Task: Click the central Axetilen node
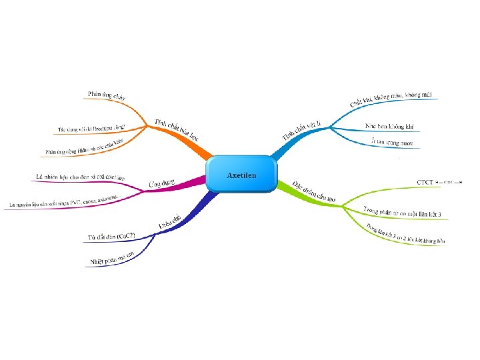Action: (241, 175)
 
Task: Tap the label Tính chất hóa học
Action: (176, 127)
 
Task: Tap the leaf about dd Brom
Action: (91, 126)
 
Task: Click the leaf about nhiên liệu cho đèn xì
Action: (79, 177)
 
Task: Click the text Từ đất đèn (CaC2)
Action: (111, 237)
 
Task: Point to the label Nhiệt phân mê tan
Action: (117, 257)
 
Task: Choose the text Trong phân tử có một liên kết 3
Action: (402, 212)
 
